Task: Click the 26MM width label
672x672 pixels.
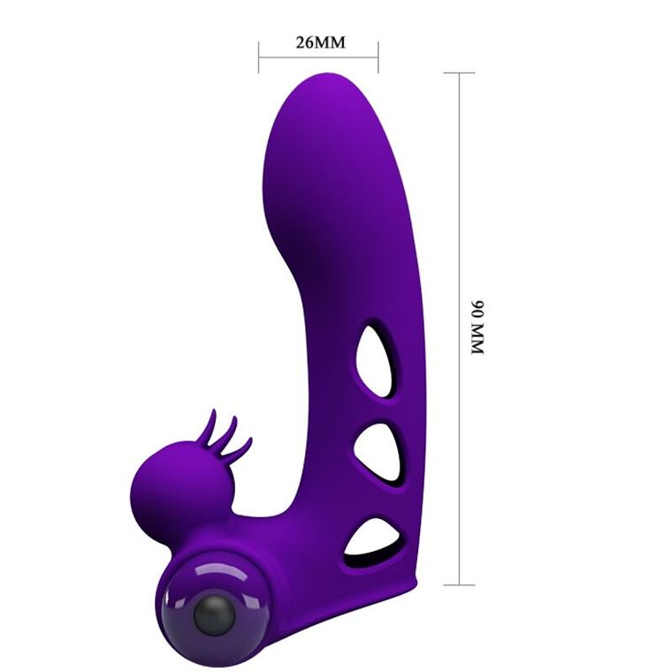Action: (318, 42)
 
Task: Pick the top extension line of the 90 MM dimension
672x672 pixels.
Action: (459, 73)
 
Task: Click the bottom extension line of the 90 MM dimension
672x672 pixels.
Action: (459, 584)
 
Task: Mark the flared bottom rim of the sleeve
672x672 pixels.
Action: (389, 588)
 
